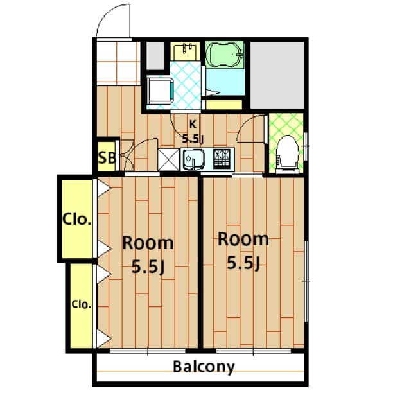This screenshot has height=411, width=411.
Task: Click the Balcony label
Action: [204, 367]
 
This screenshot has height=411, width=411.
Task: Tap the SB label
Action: [107, 158]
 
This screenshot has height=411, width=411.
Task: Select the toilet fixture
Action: [287, 154]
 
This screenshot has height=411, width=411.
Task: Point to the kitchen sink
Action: [194, 159]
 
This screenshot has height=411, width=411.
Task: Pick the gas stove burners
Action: [222, 159]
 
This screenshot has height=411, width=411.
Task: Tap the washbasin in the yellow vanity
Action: [186, 51]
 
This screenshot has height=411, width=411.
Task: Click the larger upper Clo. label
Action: [77, 220]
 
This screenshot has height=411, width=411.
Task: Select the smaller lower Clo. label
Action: [82, 304]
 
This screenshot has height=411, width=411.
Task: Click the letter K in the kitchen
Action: [193, 124]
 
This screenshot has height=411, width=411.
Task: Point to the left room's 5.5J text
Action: [148, 267]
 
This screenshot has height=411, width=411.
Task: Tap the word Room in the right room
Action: [243, 239]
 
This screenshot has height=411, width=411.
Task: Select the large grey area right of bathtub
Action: [277, 75]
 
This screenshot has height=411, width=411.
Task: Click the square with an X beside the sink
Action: [169, 160]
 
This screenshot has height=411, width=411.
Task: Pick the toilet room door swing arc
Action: [245, 124]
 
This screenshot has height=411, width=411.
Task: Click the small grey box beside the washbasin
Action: [155, 56]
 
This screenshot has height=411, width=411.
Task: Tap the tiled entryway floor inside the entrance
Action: [118, 64]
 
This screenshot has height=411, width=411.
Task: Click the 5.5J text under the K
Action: [193, 139]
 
